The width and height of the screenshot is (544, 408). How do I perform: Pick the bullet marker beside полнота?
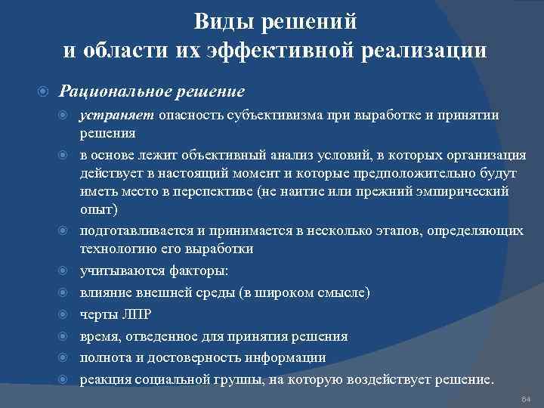coord(66,357)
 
